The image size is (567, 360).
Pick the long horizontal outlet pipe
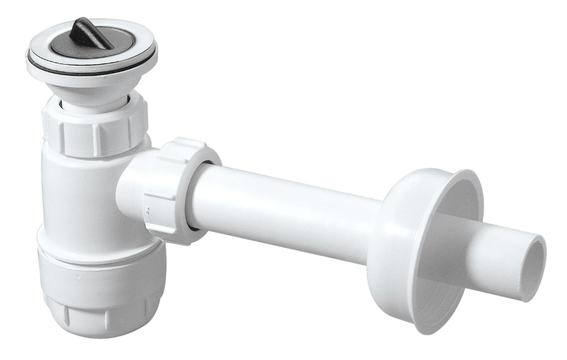(283, 210)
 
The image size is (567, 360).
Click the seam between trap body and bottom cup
(96, 238)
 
